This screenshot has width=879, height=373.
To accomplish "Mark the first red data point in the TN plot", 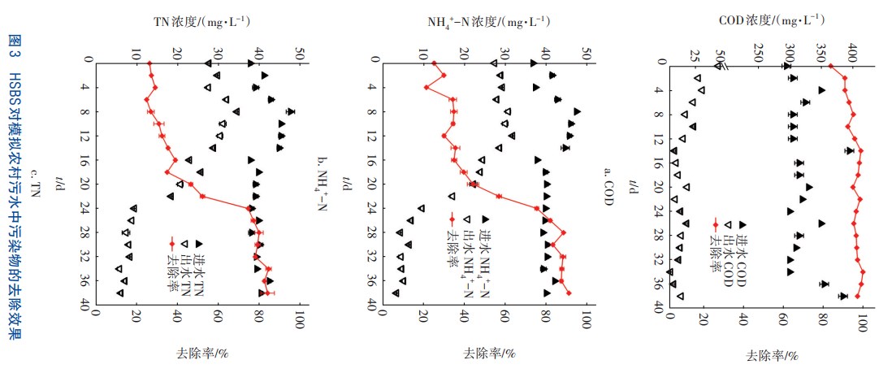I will click(149, 63).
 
